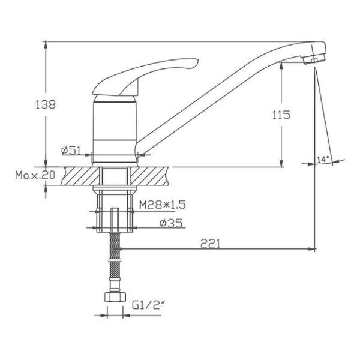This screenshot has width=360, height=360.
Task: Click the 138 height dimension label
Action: click(46, 104)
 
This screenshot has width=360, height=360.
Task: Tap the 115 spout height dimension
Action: click(281, 115)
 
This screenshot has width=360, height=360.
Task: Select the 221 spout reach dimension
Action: click(211, 244)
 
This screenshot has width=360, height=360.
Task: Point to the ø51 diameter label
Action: click(71, 151)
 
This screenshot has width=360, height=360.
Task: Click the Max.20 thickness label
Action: click(35, 175)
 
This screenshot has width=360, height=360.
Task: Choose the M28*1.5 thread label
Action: click(163, 205)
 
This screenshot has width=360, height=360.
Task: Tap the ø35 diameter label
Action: click(171, 223)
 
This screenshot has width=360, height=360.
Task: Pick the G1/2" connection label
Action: click(149, 305)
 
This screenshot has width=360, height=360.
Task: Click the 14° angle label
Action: click(323, 159)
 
